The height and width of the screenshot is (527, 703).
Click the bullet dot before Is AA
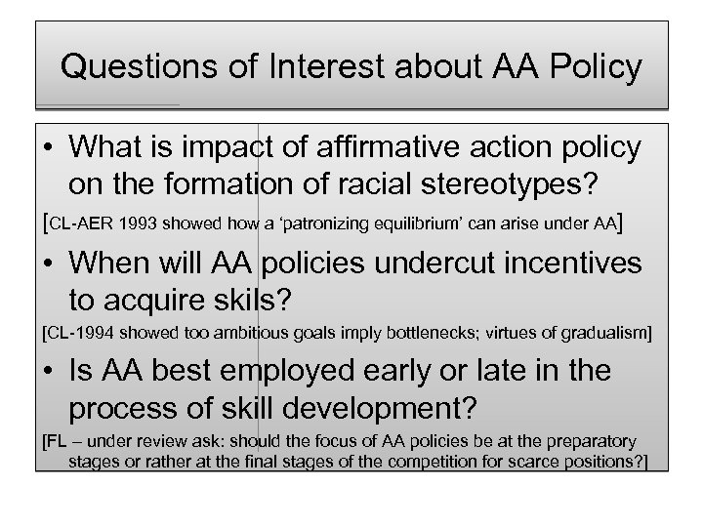click(x=48, y=372)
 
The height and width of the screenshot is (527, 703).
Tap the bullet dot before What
click(x=48, y=148)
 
